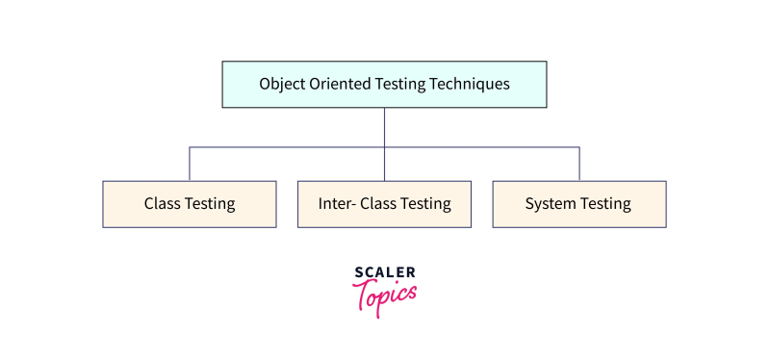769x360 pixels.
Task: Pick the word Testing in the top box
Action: click(x=403, y=85)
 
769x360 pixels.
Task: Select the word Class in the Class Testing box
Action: click(x=164, y=204)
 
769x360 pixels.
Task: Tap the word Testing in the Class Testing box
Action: click(x=212, y=204)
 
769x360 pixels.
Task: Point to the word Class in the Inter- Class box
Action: click(x=379, y=204)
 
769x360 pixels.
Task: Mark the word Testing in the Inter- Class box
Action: click(x=427, y=204)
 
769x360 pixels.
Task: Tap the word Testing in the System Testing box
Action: click(x=606, y=204)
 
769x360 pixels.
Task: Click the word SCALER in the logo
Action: click(x=385, y=273)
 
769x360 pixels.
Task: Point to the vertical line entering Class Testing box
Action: click(x=190, y=165)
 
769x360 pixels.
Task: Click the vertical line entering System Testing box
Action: click(x=579, y=165)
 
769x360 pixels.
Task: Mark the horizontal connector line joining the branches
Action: click(x=289, y=147)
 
